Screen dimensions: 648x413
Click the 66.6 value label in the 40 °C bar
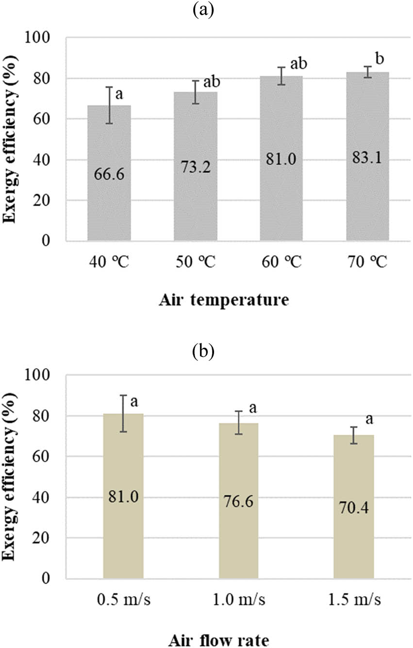tap(109, 173)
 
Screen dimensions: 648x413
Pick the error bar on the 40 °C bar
tap(109, 105)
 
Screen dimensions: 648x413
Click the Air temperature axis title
tap(224, 301)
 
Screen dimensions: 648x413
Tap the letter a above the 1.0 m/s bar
tap(253, 408)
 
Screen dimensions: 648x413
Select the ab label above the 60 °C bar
tap(299, 64)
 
